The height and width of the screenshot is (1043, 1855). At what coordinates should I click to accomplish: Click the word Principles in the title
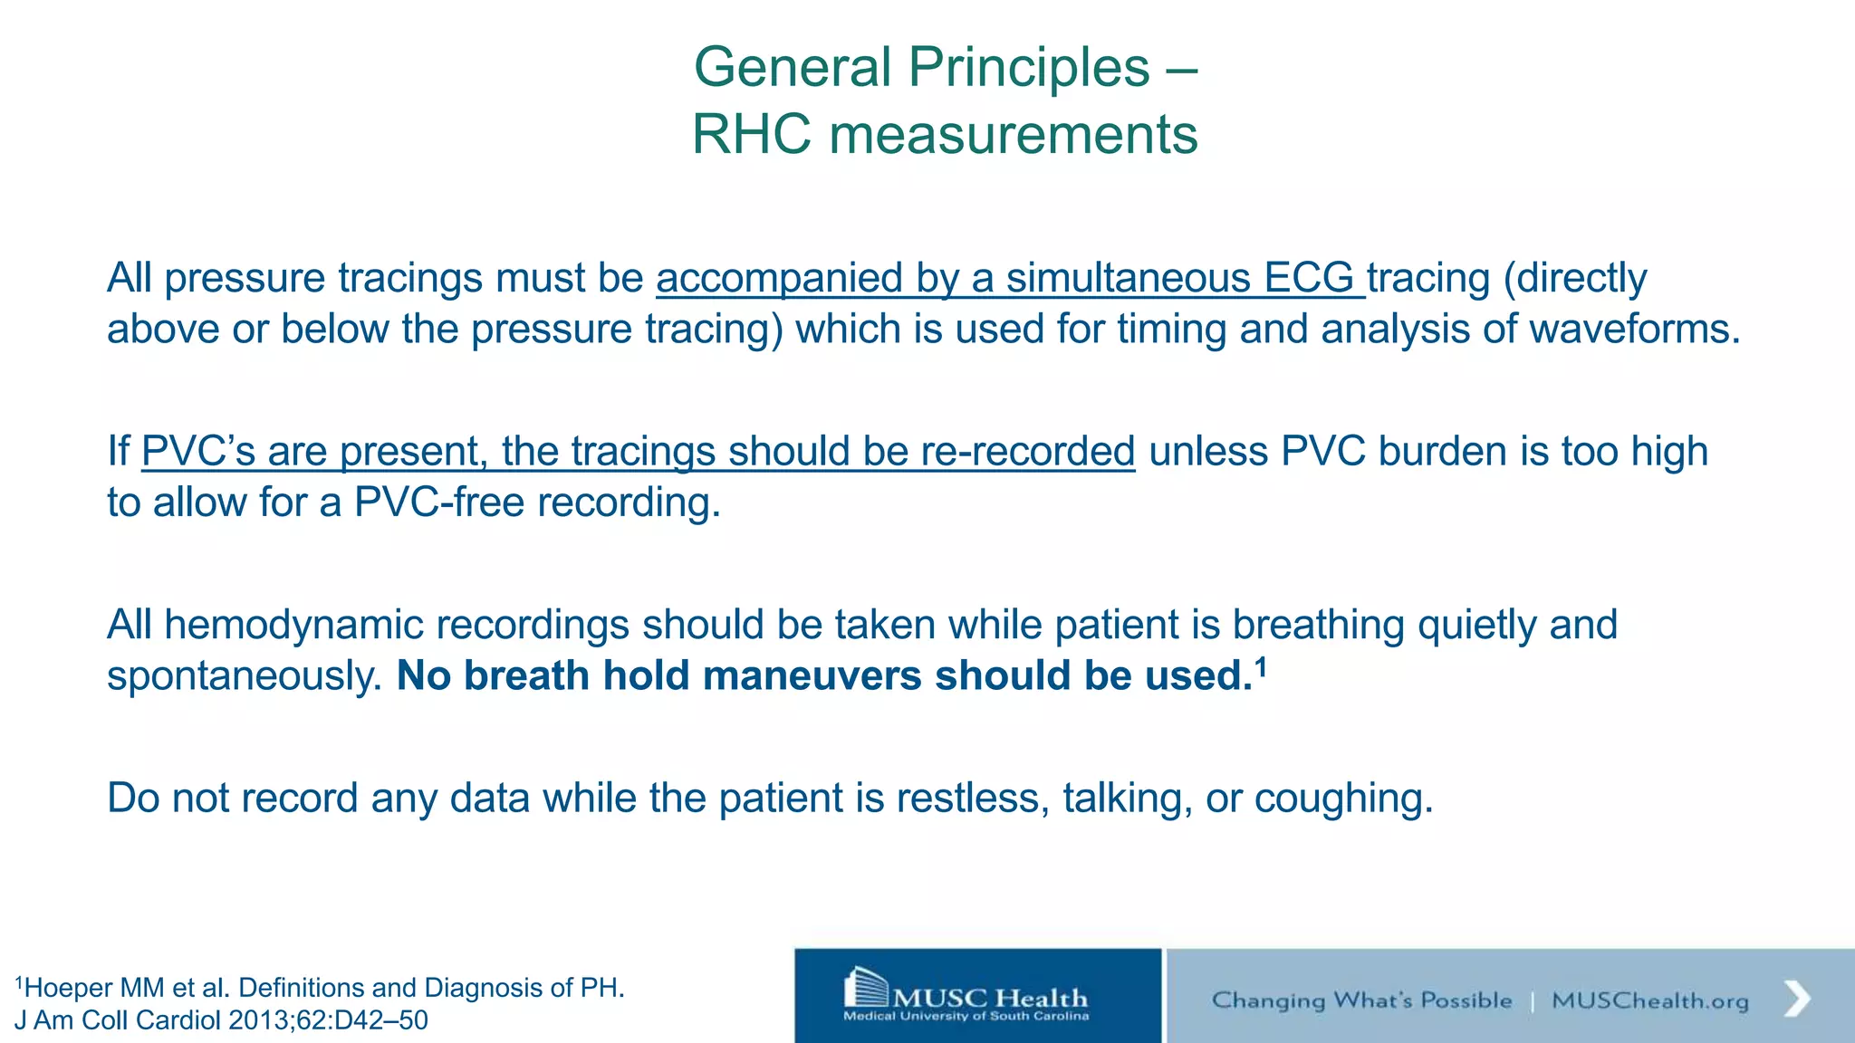coord(1029,68)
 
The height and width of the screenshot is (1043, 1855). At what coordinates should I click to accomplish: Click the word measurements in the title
coord(1014,135)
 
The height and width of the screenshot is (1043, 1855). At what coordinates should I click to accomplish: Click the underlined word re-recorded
coord(1027,451)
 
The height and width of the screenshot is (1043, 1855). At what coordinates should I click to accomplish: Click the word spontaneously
coord(245,676)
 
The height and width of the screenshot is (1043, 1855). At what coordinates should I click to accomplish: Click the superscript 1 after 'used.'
coord(1260,667)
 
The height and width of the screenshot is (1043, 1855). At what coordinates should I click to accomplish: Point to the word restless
coord(972,799)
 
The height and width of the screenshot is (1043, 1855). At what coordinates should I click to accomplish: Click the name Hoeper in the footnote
coord(69,988)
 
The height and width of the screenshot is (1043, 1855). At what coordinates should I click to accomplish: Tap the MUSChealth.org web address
coord(1650,1000)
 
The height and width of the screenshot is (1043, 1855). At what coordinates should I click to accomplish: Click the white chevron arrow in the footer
coord(1797,999)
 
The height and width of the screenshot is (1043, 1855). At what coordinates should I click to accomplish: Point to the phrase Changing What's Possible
coord(1361,1000)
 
